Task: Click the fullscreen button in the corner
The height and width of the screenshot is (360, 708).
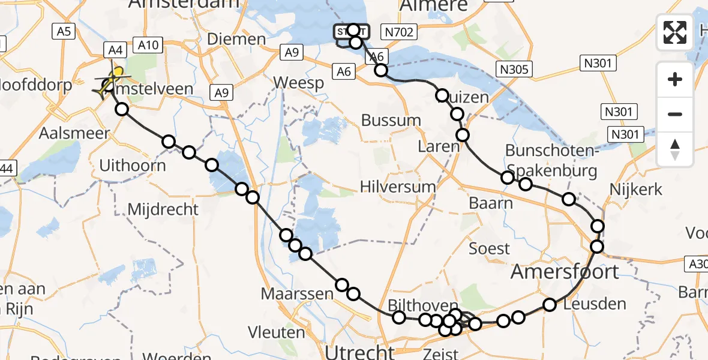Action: [x=675, y=32]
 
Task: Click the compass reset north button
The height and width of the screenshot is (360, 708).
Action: [x=675, y=149]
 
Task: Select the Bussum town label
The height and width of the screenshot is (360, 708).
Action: [x=391, y=120]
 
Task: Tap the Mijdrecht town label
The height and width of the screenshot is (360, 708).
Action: [x=163, y=209]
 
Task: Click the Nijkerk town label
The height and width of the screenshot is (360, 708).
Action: [x=635, y=190]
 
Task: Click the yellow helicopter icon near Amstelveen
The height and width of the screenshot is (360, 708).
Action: [x=112, y=81]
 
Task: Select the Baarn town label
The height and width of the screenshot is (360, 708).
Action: [x=490, y=203]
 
